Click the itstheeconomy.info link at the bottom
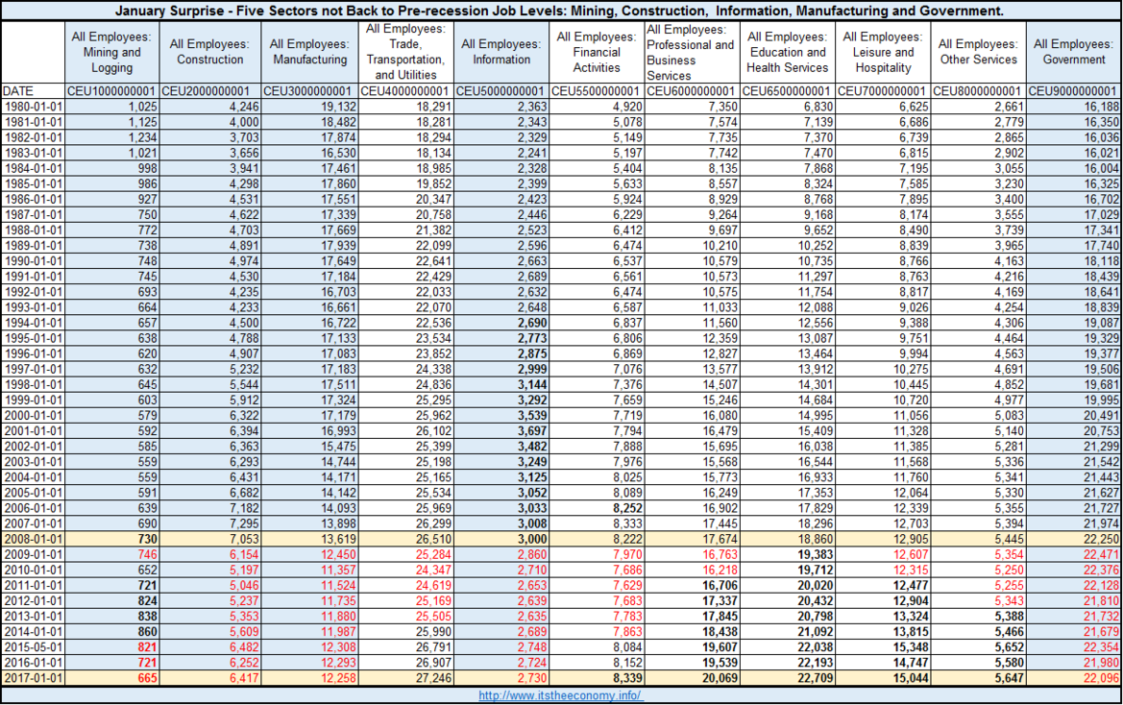[561, 695]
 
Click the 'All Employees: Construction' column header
[209, 52]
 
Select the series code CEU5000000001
[500, 91]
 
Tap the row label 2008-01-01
[33, 539]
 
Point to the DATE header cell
[18, 91]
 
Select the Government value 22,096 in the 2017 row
[1101, 678]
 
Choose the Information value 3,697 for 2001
[532, 431]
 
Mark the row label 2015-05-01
[33, 647]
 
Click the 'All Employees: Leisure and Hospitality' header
[882, 52]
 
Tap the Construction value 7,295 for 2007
[244, 523]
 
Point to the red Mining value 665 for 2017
[148, 678]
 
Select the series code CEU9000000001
[1073, 91]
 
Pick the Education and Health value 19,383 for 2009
[815, 555]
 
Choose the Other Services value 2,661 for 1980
[1009, 107]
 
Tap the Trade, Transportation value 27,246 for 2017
[433, 678]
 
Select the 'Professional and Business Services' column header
[690, 52]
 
